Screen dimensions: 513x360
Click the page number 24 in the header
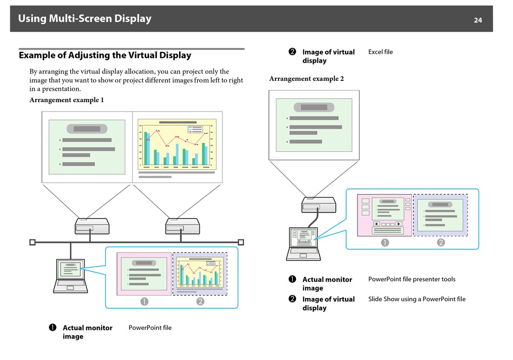[478, 21]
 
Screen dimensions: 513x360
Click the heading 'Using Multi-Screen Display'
[85, 19]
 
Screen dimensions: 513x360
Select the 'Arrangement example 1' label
[67, 100]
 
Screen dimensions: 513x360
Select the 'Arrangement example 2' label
[307, 78]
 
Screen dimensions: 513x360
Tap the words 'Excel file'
[381, 52]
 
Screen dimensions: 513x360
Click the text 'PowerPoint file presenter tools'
[411, 279]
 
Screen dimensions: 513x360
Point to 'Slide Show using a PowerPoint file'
[417, 299]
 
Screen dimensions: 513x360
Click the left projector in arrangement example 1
[92, 226]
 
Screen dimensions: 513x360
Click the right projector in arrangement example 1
[183, 226]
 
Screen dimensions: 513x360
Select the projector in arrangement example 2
[319, 205]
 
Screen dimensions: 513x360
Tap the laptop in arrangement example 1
[71, 276]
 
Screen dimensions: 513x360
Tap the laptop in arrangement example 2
[303, 244]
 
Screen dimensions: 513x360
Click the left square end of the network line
[32, 242]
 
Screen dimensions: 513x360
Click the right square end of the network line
[241, 242]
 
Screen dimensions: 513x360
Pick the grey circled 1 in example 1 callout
[144, 302]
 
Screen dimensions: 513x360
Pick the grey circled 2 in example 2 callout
[441, 242]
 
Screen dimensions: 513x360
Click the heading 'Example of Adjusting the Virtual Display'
[105, 55]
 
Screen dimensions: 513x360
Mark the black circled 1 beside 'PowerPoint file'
[53, 328]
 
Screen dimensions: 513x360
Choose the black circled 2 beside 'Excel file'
[292, 52]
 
